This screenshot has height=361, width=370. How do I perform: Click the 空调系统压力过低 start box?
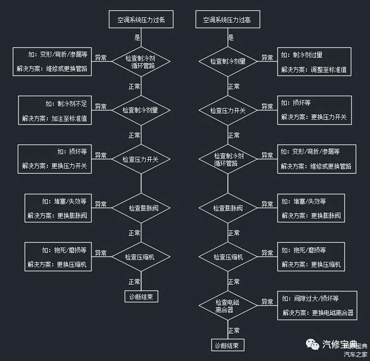point(141,20)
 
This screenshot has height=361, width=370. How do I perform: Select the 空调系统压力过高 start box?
point(228,20)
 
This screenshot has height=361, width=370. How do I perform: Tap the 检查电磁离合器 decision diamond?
point(228,305)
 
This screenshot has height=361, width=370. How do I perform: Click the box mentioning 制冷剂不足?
point(55,110)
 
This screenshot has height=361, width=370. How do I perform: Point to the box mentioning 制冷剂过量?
point(314,62)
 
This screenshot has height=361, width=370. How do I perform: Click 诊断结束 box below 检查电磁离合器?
point(228,345)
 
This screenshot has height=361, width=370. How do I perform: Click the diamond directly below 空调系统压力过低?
point(141,62)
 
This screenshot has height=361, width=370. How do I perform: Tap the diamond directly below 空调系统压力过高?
point(228,62)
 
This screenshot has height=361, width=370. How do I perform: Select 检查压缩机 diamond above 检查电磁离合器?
point(228,257)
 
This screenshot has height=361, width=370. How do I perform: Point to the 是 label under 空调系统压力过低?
point(137,37)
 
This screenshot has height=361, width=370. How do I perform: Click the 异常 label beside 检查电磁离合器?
point(267,301)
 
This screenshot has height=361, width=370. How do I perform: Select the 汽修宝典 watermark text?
point(339,343)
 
